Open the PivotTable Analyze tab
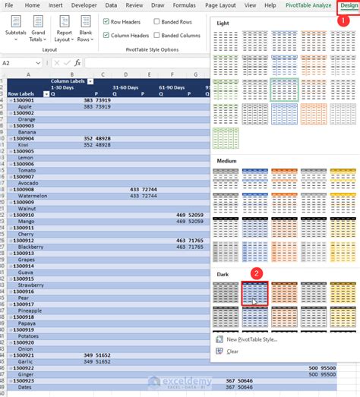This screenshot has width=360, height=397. pyautogui.click(x=308, y=5)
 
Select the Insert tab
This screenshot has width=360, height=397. pyautogui.click(x=55, y=5)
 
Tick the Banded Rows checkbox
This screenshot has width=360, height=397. pyautogui.click(x=156, y=23)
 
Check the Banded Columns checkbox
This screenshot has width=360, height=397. pyautogui.click(x=156, y=36)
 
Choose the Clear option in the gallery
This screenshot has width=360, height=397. pyautogui.click(x=232, y=351)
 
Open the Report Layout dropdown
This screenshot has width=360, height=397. pyautogui.click(x=65, y=36)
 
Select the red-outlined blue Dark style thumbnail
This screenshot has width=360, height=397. pyautogui.click(x=254, y=292)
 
